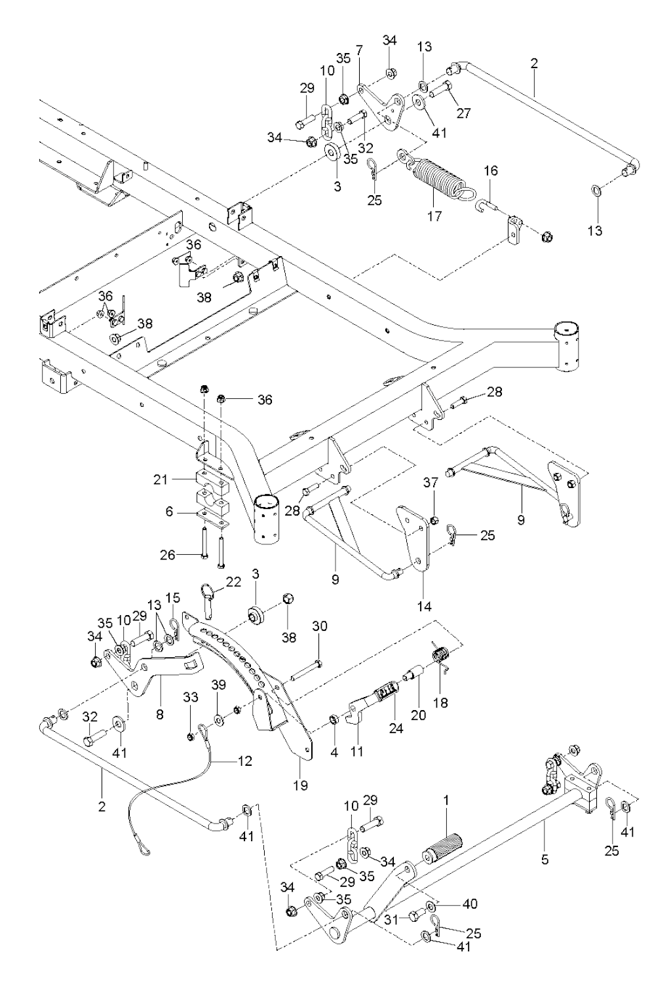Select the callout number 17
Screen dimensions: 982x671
[x=434, y=215]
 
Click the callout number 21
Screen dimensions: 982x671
[x=161, y=480]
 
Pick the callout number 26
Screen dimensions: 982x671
[x=168, y=555]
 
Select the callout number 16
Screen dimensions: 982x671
[x=491, y=171]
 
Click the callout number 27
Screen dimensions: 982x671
[x=463, y=112]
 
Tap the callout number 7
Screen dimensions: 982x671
[x=359, y=50]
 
